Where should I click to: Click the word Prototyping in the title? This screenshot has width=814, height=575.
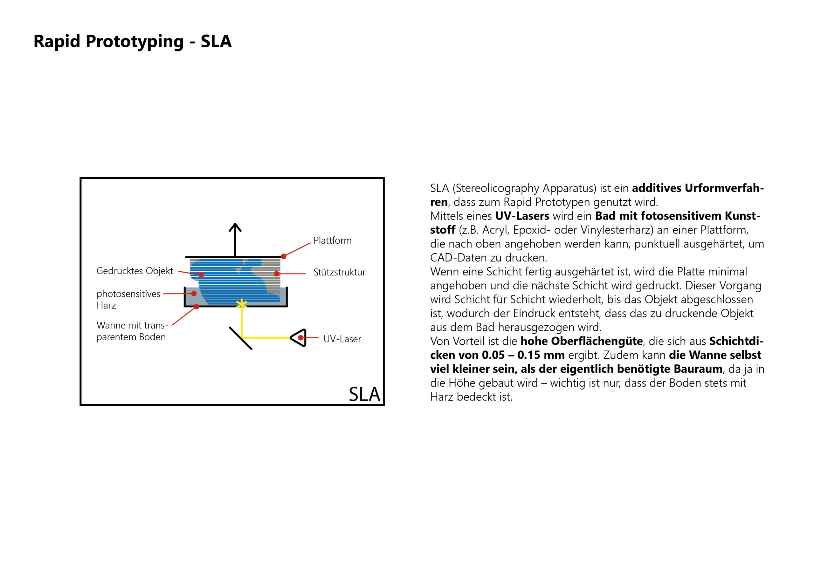135,41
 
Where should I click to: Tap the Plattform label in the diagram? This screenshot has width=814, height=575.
332,240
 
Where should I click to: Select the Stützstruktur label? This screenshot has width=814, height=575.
339,272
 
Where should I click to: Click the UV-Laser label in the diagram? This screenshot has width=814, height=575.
342,339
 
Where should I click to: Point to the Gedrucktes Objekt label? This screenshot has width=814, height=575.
135,271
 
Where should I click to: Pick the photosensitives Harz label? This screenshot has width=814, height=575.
128,299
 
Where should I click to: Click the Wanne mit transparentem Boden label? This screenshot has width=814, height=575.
132,331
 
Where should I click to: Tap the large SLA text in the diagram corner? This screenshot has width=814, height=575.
364,394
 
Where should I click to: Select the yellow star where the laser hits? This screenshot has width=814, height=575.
241,304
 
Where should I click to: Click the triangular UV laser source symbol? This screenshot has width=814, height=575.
299,338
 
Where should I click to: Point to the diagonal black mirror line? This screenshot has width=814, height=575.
241,338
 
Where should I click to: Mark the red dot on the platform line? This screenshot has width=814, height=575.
284,256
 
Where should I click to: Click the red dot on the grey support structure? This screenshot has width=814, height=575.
276,274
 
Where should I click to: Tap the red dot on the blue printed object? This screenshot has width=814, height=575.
201,275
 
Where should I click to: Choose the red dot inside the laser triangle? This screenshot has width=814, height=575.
301,338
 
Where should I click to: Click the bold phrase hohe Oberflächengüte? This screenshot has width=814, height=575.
582,341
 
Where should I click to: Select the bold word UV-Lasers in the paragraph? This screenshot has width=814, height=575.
522,216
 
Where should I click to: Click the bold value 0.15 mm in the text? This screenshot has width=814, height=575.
541,355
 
